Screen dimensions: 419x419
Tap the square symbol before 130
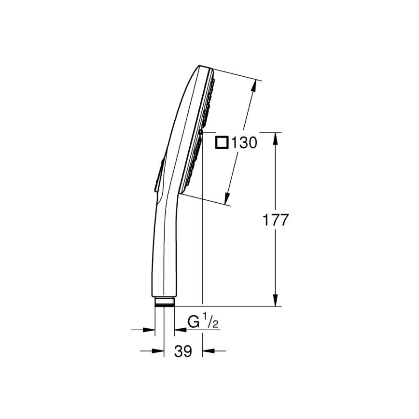[222, 143]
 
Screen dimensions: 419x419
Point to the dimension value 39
[183, 351]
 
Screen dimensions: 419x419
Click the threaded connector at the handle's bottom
[164, 302]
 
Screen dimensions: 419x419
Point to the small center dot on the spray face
[202, 131]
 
